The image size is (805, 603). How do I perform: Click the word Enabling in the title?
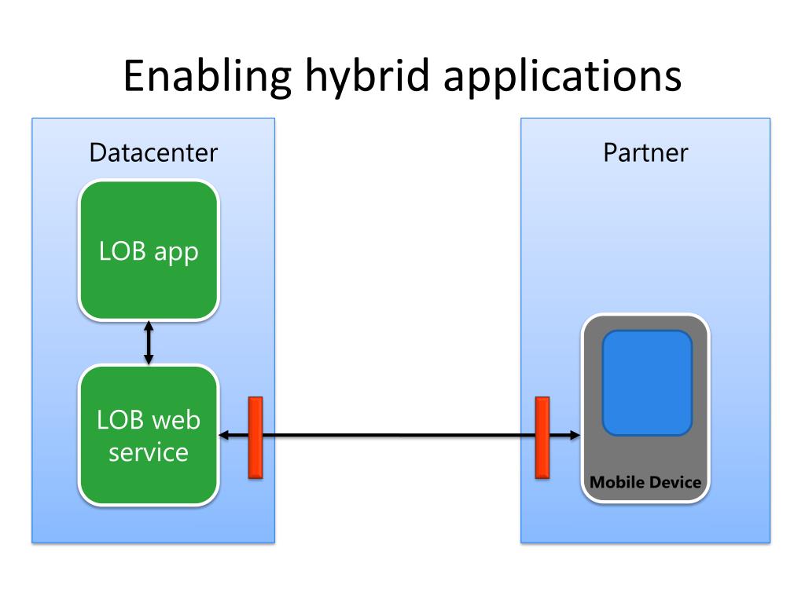[x=208, y=76]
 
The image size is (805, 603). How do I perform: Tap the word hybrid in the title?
[x=367, y=76]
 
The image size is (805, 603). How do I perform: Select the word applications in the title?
[x=562, y=76]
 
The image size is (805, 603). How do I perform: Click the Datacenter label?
[x=153, y=153]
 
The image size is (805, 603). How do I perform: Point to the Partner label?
[x=645, y=153]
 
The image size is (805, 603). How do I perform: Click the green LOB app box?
[x=149, y=250]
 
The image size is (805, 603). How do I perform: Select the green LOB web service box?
[x=149, y=435]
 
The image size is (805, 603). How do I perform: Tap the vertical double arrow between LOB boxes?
[x=149, y=342]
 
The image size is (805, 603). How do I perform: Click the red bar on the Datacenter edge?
[x=255, y=437]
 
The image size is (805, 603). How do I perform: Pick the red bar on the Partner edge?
[x=542, y=437]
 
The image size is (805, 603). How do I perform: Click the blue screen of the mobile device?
[x=648, y=383]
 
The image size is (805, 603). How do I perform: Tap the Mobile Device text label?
[x=645, y=483]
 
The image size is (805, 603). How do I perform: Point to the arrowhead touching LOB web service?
[x=224, y=435]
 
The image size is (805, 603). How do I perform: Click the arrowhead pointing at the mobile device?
[x=575, y=435]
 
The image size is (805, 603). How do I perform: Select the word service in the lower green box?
[x=149, y=452]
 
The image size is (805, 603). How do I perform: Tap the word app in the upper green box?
[x=176, y=253]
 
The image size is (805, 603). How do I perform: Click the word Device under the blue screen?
[x=675, y=483]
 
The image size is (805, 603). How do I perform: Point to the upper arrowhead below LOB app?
[x=149, y=326]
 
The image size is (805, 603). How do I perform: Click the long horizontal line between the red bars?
[x=399, y=435]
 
